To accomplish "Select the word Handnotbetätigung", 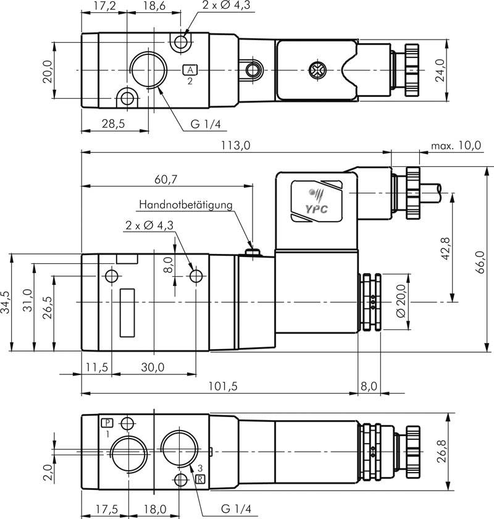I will (x=185, y=205).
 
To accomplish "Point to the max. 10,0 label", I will (x=456, y=146).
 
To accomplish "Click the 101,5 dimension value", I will (x=220, y=386).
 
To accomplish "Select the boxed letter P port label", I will (x=107, y=423).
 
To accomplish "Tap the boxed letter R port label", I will (x=199, y=479).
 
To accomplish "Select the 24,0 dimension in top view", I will (x=458, y=70).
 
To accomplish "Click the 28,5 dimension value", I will (x=112, y=124).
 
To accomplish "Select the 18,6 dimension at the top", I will (x=153, y=7).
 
